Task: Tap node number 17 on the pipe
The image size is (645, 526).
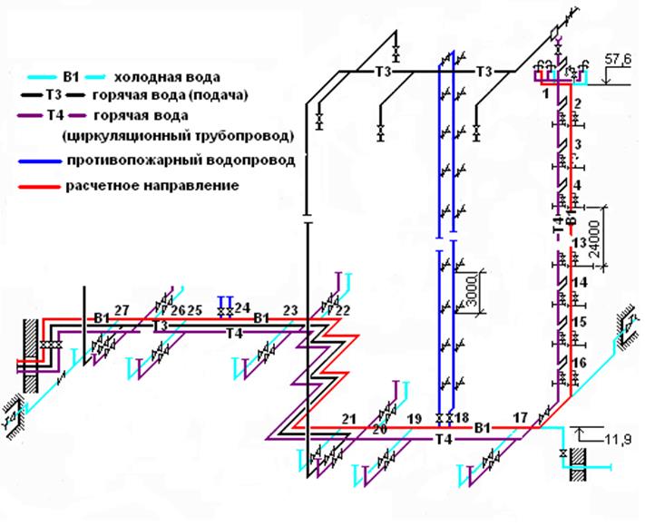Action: [x=520, y=417]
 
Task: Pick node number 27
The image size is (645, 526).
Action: [x=122, y=310]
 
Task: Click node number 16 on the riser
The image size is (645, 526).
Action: [x=580, y=362]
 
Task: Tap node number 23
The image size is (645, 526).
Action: [x=290, y=310]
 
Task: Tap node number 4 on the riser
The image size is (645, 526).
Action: [x=577, y=185]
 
